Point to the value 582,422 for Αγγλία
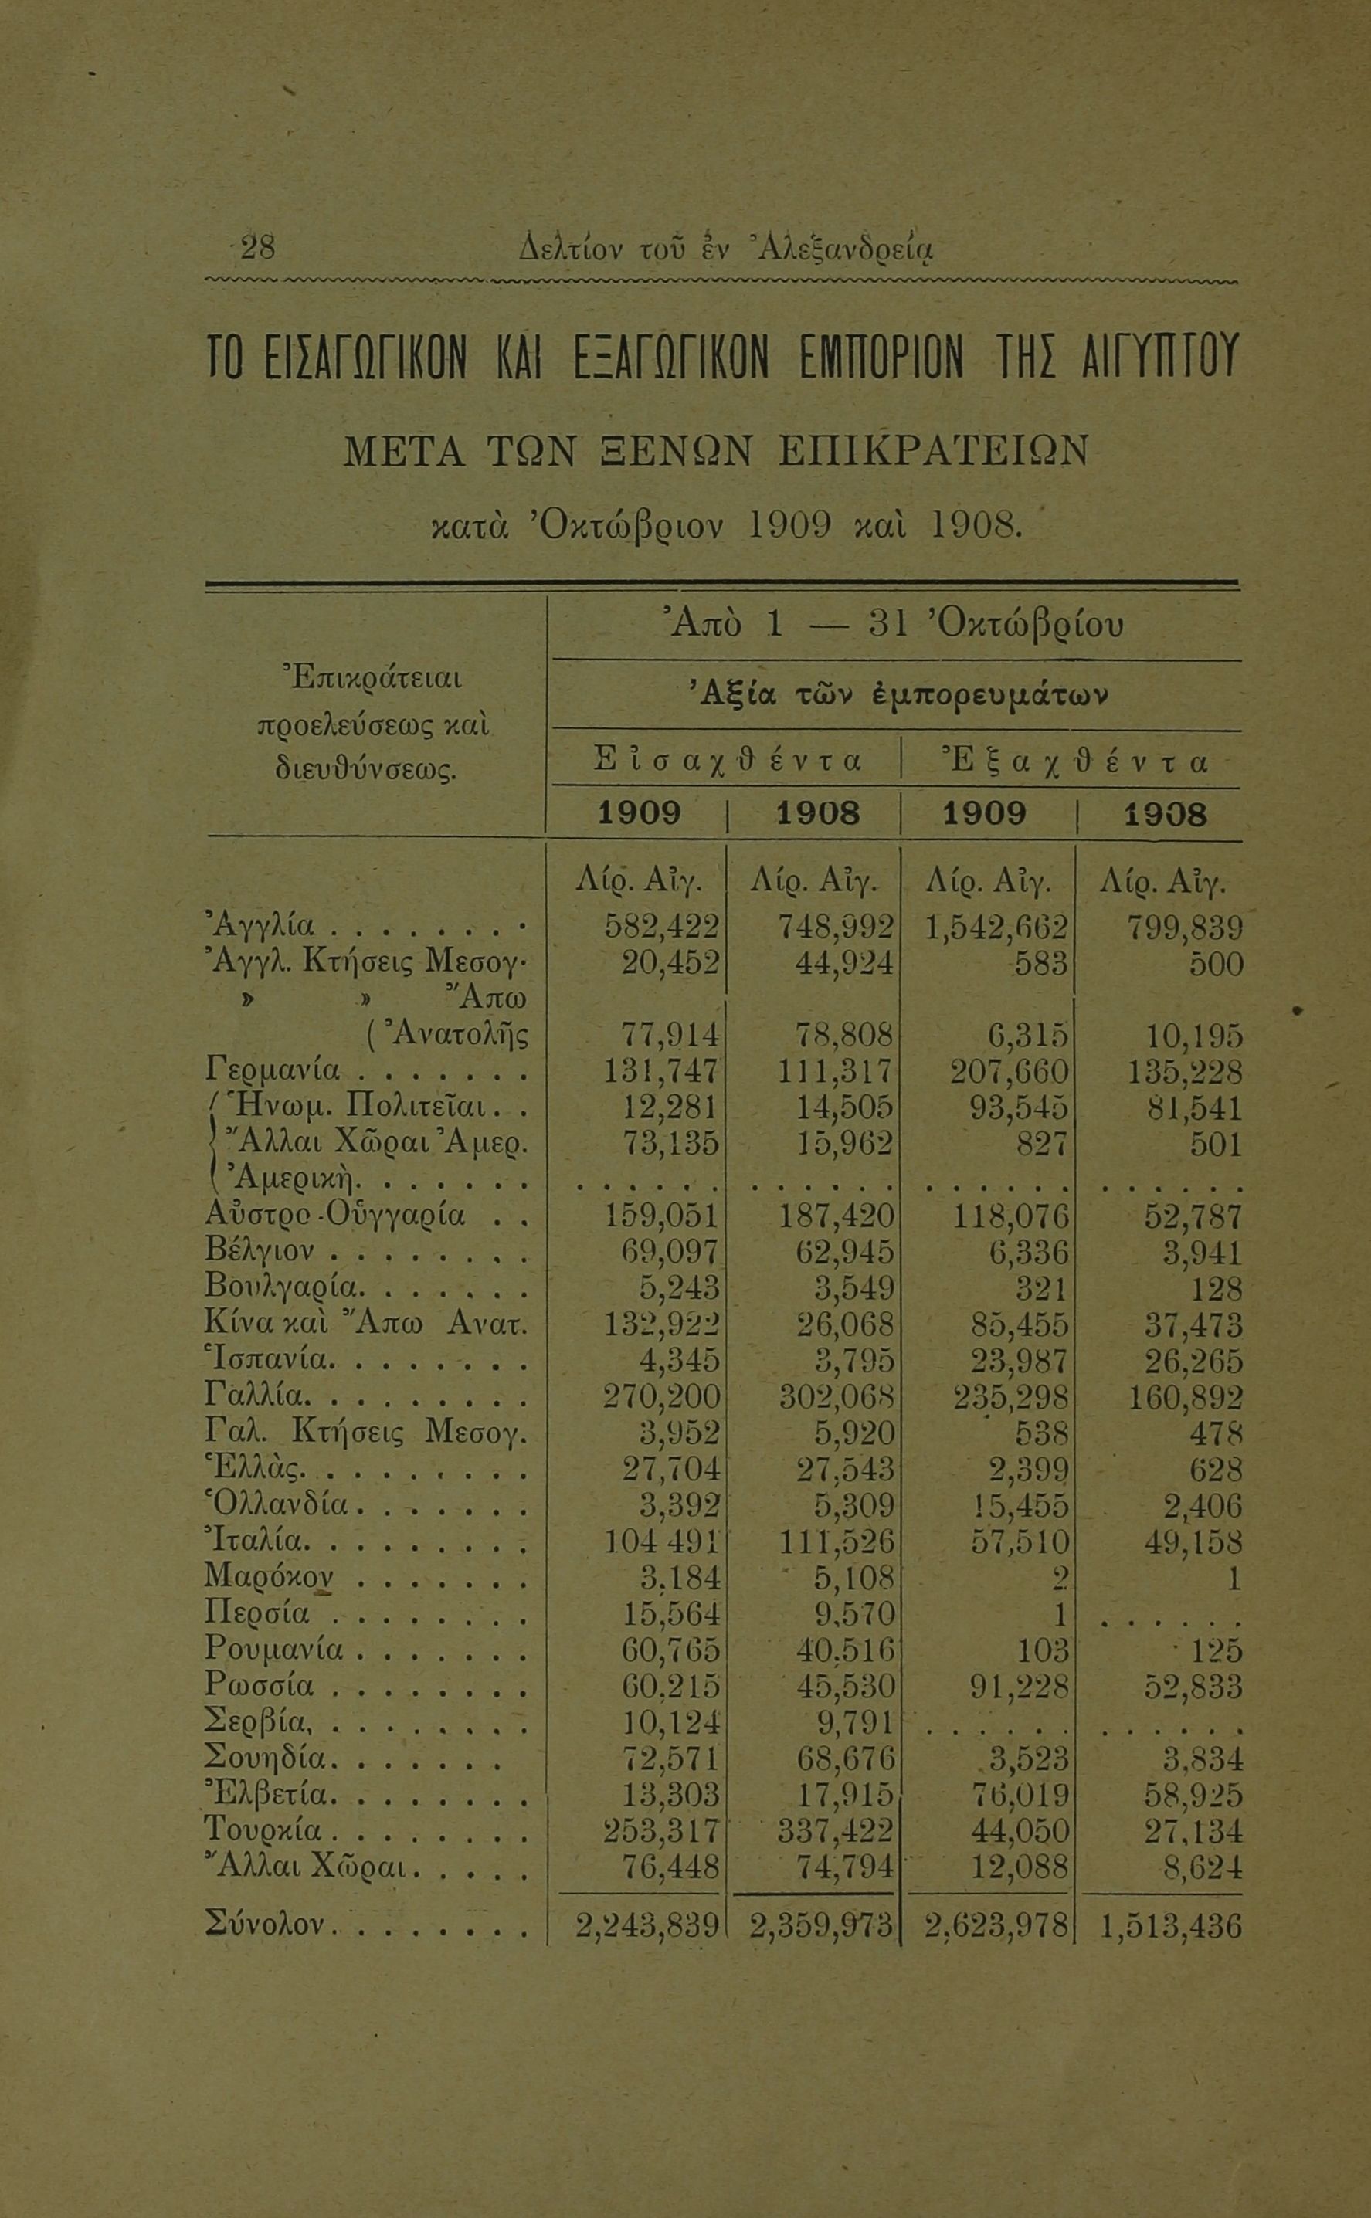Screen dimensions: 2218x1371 click(661, 927)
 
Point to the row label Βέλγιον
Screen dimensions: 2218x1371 click(260, 1252)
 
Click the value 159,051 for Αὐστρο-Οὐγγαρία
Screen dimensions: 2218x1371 click(661, 1216)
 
